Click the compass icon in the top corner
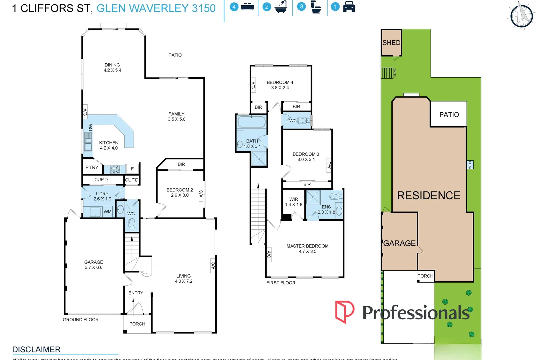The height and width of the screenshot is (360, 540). click(x=522, y=15)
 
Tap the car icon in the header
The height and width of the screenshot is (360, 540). click(x=349, y=7)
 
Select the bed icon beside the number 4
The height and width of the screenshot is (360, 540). click(x=247, y=7)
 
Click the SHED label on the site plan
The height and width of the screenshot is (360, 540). click(x=391, y=43)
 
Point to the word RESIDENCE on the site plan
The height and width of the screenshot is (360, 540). click(x=429, y=195)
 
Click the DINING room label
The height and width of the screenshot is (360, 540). click(x=112, y=67)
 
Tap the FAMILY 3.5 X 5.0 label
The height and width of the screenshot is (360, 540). click(x=176, y=116)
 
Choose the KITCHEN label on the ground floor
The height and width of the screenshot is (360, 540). click(x=109, y=145)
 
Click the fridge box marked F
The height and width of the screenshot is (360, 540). click(x=132, y=169)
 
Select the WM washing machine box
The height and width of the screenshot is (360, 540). click(x=107, y=212)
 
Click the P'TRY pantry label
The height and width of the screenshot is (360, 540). click(x=92, y=167)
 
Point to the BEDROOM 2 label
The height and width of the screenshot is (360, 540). click(x=180, y=192)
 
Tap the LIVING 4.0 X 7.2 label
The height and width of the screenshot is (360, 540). click(x=184, y=278)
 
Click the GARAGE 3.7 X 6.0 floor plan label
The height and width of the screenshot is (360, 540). click(x=94, y=265)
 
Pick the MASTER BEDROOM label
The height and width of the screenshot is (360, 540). click(x=307, y=248)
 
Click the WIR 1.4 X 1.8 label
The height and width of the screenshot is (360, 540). click(x=294, y=202)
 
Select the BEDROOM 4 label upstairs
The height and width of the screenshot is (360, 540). click(x=280, y=85)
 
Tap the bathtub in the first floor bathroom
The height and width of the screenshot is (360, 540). click(x=251, y=122)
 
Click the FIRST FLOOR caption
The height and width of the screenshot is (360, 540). click(x=281, y=283)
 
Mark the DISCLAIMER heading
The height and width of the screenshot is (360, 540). click(x=36, y=349)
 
